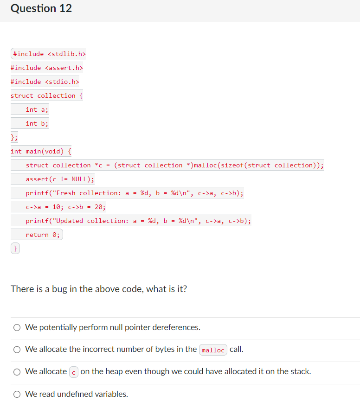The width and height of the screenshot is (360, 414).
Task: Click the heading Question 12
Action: click(41, 9)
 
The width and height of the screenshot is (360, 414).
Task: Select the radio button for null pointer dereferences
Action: click(17, 328)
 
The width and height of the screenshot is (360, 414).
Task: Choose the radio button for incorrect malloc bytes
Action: click(17, 350)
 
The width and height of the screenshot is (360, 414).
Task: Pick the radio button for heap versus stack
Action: click(17, 372)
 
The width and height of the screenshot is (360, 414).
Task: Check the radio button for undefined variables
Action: click(17, 395)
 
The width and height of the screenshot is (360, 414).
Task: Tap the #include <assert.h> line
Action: click(47, 68)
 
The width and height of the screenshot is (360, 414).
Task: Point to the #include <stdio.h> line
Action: click(45, 82)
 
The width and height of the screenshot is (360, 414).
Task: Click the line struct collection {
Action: click(47, 96)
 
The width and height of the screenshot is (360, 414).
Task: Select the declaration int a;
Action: click(37, 110)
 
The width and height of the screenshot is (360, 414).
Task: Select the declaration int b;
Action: click(37, 124)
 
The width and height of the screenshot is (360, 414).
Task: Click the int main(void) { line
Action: click(41, 152)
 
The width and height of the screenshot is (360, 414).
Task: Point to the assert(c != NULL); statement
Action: click(60, 179)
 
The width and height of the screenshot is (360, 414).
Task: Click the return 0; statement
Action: click(43, 235)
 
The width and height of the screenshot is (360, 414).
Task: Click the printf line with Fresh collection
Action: click(135, 193)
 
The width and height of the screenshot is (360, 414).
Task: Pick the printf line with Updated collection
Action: click(138, 221)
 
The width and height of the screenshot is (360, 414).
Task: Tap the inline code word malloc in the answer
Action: click(213, 350)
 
